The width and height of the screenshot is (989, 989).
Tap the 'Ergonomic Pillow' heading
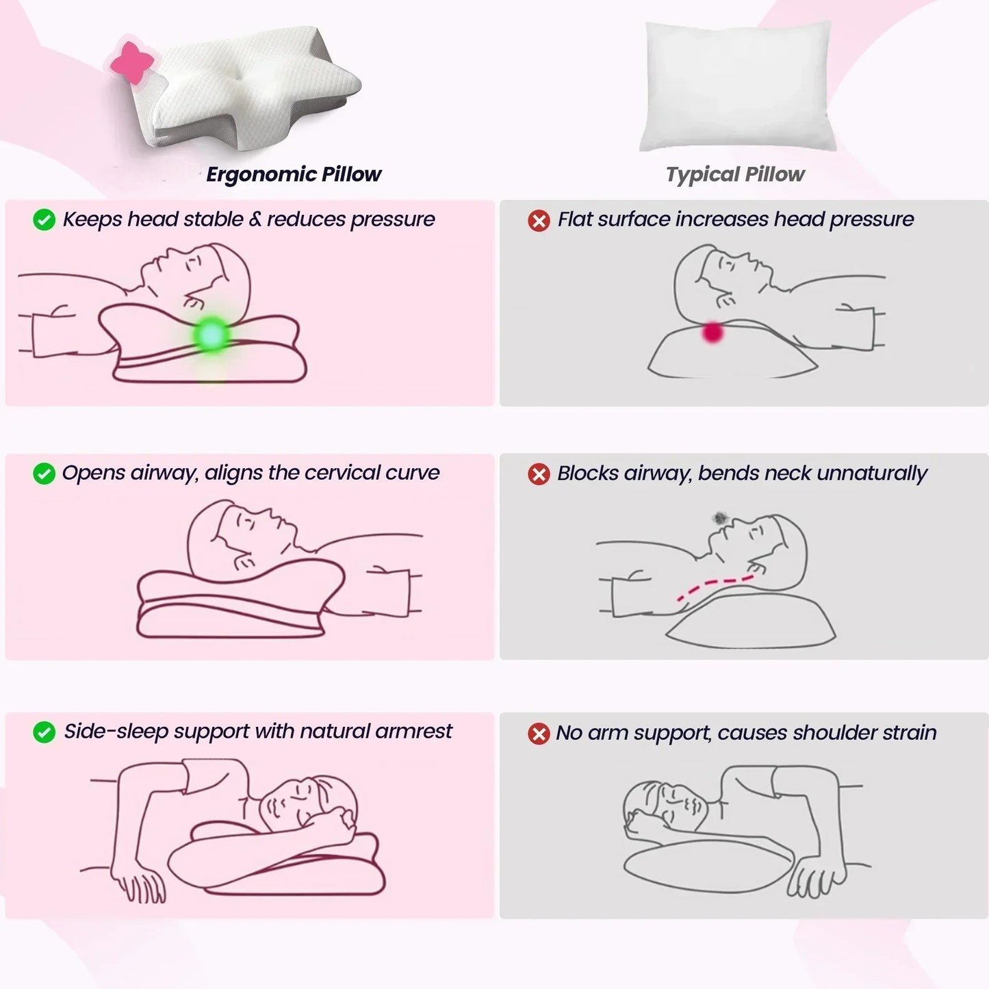pyautogui.click(x=294, y=175)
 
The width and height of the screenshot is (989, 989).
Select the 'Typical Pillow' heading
pyautogui.click(x=735, y=175)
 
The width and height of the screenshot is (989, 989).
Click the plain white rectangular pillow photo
pyautogui.click(x=737, y=86)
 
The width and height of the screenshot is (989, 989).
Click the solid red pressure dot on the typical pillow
pyautogui.click(x=712, y=332)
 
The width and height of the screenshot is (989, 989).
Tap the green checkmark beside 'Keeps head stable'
pyautogui.click(x=44, y=220)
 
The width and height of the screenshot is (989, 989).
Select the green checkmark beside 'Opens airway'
pyautogui.click(x=44, y=473)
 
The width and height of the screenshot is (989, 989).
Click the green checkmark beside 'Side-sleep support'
pyautogui.click(x=44, y=732)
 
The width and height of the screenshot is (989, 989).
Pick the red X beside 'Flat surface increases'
pyautogui.click(x=539, y=220)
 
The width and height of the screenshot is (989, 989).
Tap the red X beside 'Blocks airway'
pyautogui.click(x=539, y=474)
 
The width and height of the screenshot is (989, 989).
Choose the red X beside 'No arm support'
pyautogui.click(x=539, y=734)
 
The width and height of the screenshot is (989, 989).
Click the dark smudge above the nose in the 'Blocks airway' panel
pyautogui.click(x=721, y=518)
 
